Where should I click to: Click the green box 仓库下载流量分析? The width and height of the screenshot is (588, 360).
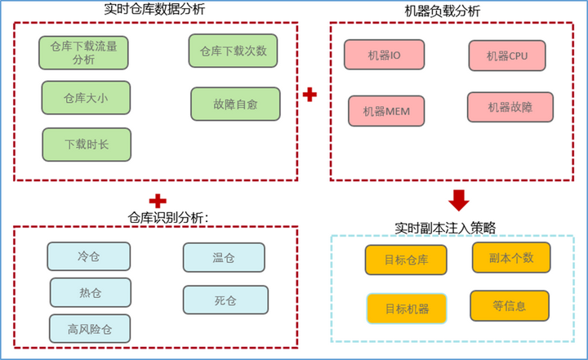point(83,52)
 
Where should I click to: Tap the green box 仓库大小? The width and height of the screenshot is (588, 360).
point(86,98)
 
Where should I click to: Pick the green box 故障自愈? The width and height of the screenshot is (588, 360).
point(235,104)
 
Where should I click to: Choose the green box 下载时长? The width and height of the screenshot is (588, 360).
point(86,144)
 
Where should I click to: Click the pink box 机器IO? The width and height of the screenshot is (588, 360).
point(382,55)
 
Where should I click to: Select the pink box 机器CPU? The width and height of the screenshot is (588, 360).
point(507,56)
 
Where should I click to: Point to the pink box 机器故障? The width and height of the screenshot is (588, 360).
point(510,107)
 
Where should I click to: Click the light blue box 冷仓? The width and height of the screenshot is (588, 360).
point(88,256)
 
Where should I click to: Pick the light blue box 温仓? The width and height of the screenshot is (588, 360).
point(223,258)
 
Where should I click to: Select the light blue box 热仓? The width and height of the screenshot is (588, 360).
point(90,292)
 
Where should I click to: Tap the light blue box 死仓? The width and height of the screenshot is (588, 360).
point(225,300)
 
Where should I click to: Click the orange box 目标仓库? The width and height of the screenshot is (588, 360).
point(406,260)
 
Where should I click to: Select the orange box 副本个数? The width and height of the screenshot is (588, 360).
point(511,257)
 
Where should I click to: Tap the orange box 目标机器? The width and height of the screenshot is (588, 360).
point(406,309)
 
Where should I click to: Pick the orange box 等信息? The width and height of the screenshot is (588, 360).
point(510,306)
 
